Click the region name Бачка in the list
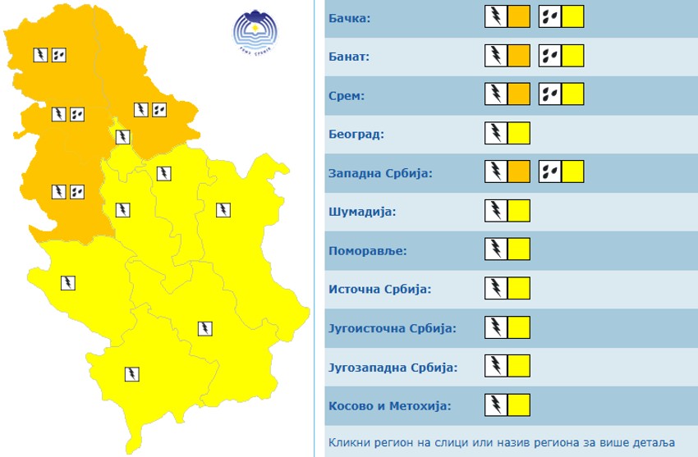[350, 18]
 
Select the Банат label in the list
[349, 57]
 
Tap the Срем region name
[346, 96]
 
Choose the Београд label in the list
[356, 134]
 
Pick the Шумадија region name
[362, 212]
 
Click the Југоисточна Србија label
[392, 328]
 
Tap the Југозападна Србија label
[393, 367]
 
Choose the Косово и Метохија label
[389, 405]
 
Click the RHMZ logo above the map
[255, 32]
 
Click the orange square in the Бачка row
[519, 17]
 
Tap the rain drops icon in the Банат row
[550, 56]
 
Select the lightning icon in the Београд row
[497, 133]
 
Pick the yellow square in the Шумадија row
[519, 211]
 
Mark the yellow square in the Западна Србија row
[573, 171]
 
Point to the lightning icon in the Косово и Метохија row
[497, 404]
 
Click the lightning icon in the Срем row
[497, 94]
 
